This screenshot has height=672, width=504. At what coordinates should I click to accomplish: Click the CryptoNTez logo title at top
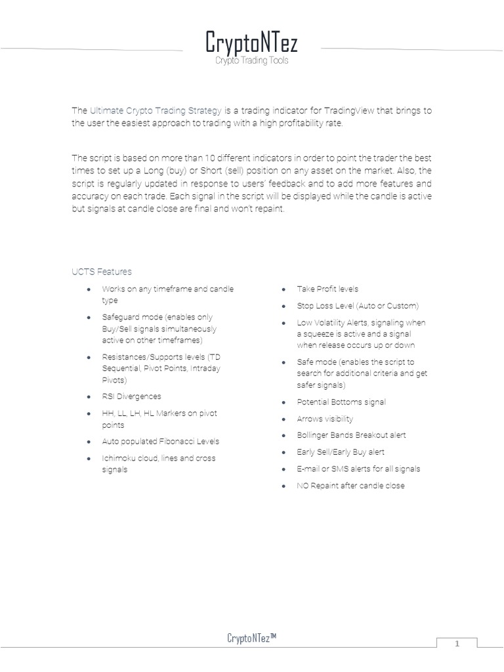[251, 43]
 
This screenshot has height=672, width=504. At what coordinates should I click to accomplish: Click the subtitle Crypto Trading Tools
[252, 60]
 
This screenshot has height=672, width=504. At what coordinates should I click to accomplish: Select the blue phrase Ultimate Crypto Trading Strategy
[157, 111]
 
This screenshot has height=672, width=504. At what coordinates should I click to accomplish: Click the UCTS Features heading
[102, 272]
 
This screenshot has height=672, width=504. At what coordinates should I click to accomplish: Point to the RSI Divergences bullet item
[131, 396]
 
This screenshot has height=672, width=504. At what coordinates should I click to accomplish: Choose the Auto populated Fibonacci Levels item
[161, 442]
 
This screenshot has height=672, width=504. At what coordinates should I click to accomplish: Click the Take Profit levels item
[327, 289]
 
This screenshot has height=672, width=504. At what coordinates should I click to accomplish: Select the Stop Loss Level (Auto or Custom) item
[358, 306]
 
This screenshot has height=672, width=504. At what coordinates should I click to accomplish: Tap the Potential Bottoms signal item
[341, 402]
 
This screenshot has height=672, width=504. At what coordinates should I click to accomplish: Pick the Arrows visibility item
[325, 419]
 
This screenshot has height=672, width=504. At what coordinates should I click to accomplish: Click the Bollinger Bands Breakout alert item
[351, 435]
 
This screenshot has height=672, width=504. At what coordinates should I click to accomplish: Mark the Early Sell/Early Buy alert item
[341, 452]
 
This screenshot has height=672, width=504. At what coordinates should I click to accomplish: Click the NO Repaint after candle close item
[350, 486]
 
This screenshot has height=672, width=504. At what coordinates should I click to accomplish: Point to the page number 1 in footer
[458, 644]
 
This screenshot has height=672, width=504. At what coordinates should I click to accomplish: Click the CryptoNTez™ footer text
[251, 638]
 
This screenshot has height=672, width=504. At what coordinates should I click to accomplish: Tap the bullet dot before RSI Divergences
[88, 397]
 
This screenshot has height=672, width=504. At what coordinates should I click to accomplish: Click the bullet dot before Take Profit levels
[283, 289]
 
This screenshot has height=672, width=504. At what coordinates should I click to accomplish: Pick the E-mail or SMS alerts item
[358, 469]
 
